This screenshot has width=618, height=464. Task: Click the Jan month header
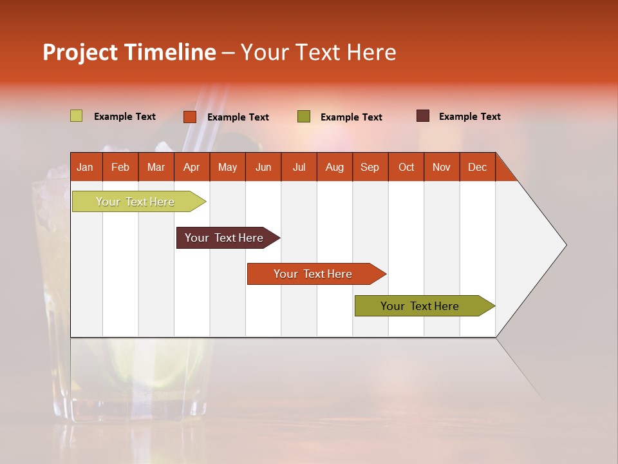pos(86,167)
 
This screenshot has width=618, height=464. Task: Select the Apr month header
pos(192,167)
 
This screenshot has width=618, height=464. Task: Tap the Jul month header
pos(299,167)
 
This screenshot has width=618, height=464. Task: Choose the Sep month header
pos(370,167)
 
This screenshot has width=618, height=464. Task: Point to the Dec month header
pos(478,167)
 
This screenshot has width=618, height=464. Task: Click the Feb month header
pos(120,167)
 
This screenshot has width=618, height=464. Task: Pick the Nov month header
pos(442,167)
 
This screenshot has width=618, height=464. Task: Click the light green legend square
pos(76,116)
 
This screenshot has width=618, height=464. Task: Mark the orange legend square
pos(190,117)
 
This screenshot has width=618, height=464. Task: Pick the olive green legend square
pos(304,117)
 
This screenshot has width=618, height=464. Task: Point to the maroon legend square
pos(422,116)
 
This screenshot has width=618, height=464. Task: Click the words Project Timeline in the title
pos(129,52)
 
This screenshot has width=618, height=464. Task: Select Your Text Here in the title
pos(318,52)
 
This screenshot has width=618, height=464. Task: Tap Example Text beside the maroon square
pos(469,117)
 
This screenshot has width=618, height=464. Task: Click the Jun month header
pos(263,167)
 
